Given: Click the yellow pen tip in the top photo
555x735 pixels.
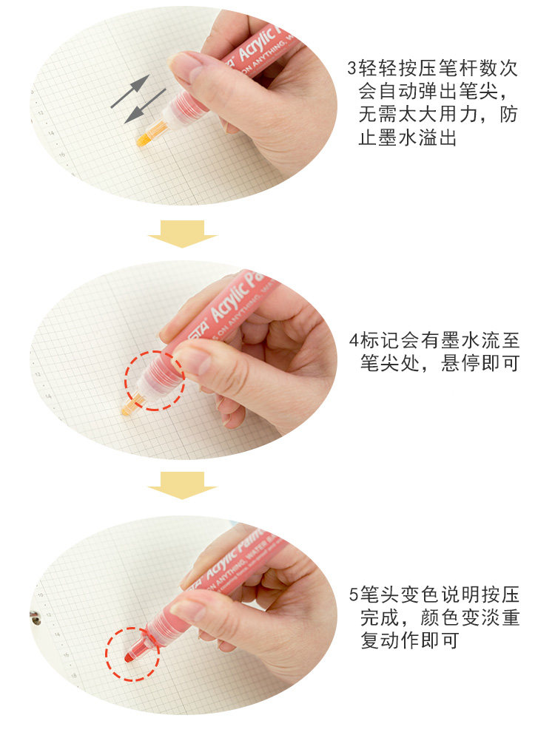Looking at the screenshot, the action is coord(152,133).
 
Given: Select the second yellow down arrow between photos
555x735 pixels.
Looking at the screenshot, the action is coord(182,485).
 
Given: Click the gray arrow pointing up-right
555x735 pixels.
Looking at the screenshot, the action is coord(130,91).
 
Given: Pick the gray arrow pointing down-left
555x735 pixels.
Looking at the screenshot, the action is coord(145,106).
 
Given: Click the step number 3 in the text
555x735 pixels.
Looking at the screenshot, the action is coord(352,69).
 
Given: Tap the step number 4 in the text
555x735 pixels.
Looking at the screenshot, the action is coord(354,340).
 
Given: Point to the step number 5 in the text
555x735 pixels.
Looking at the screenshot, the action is coord(354,595).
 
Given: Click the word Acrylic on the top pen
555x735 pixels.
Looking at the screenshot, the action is coord(256,45).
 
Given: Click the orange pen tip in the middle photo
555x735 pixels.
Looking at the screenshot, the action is coord(132,404).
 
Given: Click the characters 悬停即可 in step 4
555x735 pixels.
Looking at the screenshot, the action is coord(480,363).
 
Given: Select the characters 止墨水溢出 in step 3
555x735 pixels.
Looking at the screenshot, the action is coord(407,138).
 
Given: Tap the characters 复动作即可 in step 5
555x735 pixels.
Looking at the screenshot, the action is coord(409,640).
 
